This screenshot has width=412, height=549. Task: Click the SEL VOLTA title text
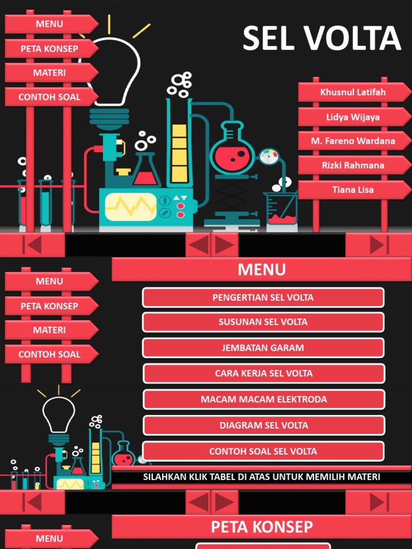(x=321, y=39)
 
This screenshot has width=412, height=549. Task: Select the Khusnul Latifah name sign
(x=352, y=92)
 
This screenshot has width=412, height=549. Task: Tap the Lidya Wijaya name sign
(x=352, y=117)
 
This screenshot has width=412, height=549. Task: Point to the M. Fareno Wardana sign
(x=352, y=141)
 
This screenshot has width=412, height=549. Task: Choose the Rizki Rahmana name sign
(x=352, y=165)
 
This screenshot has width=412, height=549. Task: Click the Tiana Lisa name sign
(x=352, y=190)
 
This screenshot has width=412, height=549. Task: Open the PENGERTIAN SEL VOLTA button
(x=263, y=298)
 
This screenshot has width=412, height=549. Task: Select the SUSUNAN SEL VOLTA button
(x=263, y=322)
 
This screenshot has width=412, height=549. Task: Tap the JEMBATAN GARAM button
(x=263, y=348)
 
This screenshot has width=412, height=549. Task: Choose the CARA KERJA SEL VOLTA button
(x=263, y=374)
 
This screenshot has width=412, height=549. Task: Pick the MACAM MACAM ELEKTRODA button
(x=263, y=399)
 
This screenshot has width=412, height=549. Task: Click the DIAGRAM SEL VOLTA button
(x=263, y=426)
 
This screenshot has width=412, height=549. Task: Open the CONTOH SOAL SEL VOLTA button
(x=263, y=451)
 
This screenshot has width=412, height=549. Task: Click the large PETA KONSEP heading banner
(x=261, y=526)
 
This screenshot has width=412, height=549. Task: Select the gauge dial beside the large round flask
(x=269, y=157)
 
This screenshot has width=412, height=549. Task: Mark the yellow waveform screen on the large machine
(x=130, y=206)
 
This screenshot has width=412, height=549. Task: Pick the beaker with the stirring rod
(x=282, y=209)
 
